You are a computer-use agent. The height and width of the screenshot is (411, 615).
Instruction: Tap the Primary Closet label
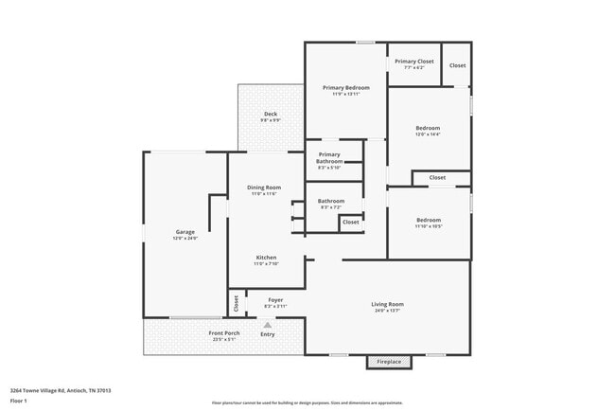414,63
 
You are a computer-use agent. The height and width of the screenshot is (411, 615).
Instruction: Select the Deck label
270,117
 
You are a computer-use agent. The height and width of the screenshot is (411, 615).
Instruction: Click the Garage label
184,235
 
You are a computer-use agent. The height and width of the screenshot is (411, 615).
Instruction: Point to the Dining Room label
264,189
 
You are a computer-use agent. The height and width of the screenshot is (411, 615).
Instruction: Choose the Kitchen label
265,260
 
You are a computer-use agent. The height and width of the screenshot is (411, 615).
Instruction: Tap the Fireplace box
389,362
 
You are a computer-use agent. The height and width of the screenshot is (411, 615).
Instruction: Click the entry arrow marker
268,324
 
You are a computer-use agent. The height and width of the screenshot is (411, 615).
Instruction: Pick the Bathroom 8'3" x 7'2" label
330,203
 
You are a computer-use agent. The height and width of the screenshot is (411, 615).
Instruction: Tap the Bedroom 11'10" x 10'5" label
428,223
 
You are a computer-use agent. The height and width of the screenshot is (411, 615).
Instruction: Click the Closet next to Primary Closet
457,65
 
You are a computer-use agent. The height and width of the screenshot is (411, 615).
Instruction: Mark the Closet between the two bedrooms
437,177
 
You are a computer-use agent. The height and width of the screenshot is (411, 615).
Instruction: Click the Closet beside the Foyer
237,303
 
